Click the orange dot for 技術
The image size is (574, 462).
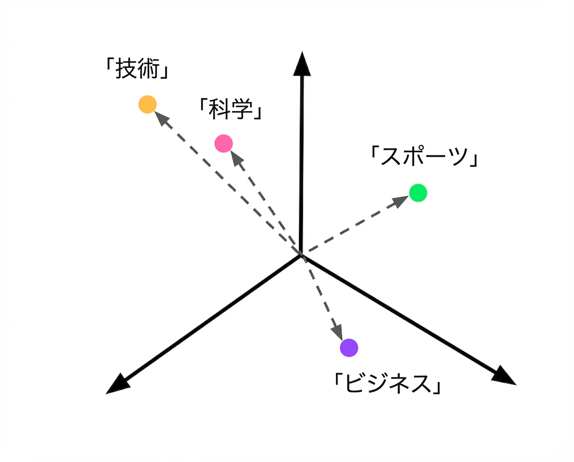[147, 104]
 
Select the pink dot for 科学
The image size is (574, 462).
[224, 143]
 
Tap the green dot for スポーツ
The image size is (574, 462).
[418, 193]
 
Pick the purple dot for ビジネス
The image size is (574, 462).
[349, 347]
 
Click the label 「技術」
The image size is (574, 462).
[137, 69]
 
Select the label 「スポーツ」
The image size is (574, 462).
[424, 156]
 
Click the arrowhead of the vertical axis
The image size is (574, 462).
[302, 64]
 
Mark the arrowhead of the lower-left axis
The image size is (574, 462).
[118, 384]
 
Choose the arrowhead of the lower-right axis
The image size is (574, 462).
[504, 376]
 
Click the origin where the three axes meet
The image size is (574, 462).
[301, 255]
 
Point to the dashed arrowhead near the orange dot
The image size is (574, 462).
[161, 118]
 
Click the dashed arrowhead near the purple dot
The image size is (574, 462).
[337, 333]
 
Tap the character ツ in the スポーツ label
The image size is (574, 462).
[457, 156]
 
